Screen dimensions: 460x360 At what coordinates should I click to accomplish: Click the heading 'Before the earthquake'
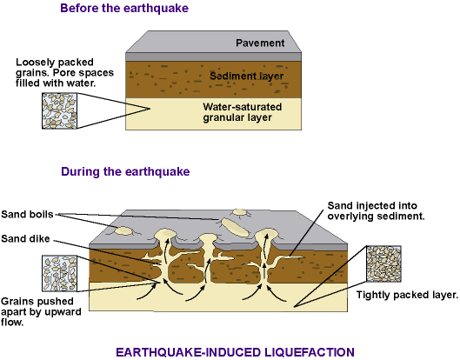tap(124, 8)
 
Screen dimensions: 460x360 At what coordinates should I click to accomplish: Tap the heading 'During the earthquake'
tap(125, 171)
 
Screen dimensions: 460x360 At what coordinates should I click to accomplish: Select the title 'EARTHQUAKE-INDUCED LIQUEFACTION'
tap(235, 352)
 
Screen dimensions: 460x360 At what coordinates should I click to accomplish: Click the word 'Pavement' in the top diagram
tap(260, 43)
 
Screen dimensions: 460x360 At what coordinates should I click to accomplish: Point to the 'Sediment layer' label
tap(246, 76)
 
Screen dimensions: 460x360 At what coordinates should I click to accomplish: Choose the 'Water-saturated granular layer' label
tap(243, 112)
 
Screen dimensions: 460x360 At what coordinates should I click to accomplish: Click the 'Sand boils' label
tap(27, 214)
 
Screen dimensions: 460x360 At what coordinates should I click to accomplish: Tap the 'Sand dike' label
tap(25, 238)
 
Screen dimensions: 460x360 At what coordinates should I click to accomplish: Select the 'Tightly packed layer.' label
tap(407, 295)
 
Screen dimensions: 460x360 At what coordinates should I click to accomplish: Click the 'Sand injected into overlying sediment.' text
tap(377, 211)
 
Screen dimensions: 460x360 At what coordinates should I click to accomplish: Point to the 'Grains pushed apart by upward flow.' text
tap(41, 311)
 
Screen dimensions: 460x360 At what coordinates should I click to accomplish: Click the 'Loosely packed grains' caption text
tap(64, 72)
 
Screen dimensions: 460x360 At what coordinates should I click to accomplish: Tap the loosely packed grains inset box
tap(59, 111)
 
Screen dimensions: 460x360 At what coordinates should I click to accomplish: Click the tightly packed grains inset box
tap(383, 263)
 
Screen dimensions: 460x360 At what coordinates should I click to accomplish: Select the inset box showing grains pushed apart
tap(59, 273)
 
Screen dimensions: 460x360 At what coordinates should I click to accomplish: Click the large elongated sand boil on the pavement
tap(236, 227)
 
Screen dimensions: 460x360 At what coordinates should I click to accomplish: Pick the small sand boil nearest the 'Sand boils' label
tap(124, 231)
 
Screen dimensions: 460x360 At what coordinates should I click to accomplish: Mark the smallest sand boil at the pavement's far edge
tap(240, 212)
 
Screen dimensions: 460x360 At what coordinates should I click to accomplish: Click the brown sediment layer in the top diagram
tap(213, 79)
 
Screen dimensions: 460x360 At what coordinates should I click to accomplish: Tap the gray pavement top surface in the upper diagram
tap(213, 42)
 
